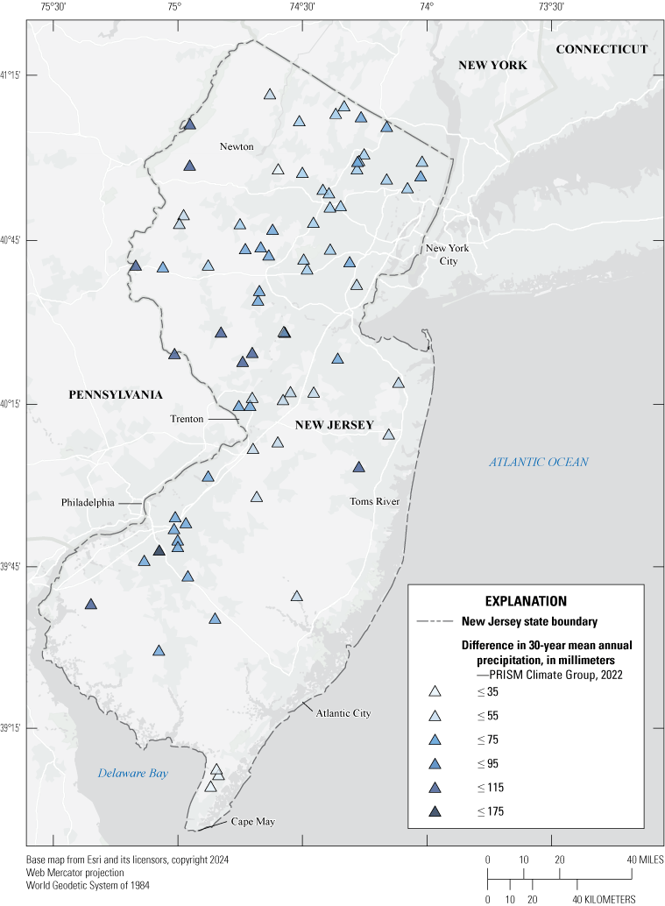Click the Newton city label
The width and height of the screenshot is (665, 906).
pyautogui.click(x=237, y=146)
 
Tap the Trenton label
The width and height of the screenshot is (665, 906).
pyautogui.click(x=187, y=419)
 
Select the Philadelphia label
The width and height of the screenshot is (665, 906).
pyautogui.click(x=88, y=503)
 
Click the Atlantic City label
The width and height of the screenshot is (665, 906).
pyautogui.click(x=343, y=713)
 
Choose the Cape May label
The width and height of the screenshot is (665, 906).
pyautogui.click(x=253, y=822)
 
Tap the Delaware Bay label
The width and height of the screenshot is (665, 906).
pyautogui.click(x=132, y=774)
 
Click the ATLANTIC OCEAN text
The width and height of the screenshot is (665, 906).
pyautogui.click(x=539, y=462)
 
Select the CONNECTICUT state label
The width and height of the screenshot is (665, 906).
pyautogui.click(x=602, y=49)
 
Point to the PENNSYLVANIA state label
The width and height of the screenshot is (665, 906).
pyautogui.click(x=116, y=395)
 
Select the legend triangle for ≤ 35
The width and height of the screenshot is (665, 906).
pyautogui.click(x=435, y=692)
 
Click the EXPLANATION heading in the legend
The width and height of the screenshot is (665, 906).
pyautogui.click(x=526, y=601)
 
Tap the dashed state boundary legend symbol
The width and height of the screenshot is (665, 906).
pyautogui.click(x=435, y=622)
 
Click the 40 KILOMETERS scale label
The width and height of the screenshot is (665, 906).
pyautogui.click(x=605, y=899)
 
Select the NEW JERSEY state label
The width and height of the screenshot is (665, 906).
pyautogui.click(x=334, y=425)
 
